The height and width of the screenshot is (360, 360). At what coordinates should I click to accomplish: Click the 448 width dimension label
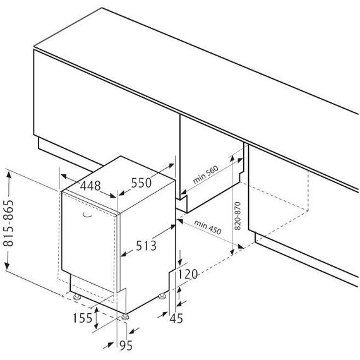(90, 186)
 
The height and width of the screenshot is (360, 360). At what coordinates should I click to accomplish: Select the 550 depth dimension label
(141, 183)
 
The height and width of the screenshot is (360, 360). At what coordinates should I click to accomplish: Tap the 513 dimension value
(146, 246)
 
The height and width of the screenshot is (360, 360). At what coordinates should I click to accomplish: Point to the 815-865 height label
(8, 223)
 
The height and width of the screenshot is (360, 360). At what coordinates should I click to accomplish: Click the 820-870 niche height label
(237, 216)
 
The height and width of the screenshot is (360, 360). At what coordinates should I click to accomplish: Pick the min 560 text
(205, 174)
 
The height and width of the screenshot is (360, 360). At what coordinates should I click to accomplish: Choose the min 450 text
(208, 227)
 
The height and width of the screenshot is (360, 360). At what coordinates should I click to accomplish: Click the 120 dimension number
(188, 274)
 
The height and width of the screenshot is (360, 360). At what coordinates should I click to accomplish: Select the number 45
(176, 318)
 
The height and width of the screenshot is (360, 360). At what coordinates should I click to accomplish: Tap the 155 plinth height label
(83, 318)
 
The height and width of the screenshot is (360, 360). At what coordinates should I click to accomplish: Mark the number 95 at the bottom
(126, 345)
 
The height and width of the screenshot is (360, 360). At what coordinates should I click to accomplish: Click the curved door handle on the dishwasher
(87, 215)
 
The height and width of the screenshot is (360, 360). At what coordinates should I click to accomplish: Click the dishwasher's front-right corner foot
(125, 317)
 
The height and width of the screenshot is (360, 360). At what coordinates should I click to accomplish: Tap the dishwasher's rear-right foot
(162, 296)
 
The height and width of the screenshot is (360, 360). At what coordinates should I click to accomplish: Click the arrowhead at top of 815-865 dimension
(9, 175)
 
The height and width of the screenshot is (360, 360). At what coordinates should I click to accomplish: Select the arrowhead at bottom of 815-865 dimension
(7, 266)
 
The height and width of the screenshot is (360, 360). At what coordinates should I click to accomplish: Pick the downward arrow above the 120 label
(180, 258)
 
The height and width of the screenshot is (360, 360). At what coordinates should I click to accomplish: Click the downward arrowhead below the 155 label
(97, 325)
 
